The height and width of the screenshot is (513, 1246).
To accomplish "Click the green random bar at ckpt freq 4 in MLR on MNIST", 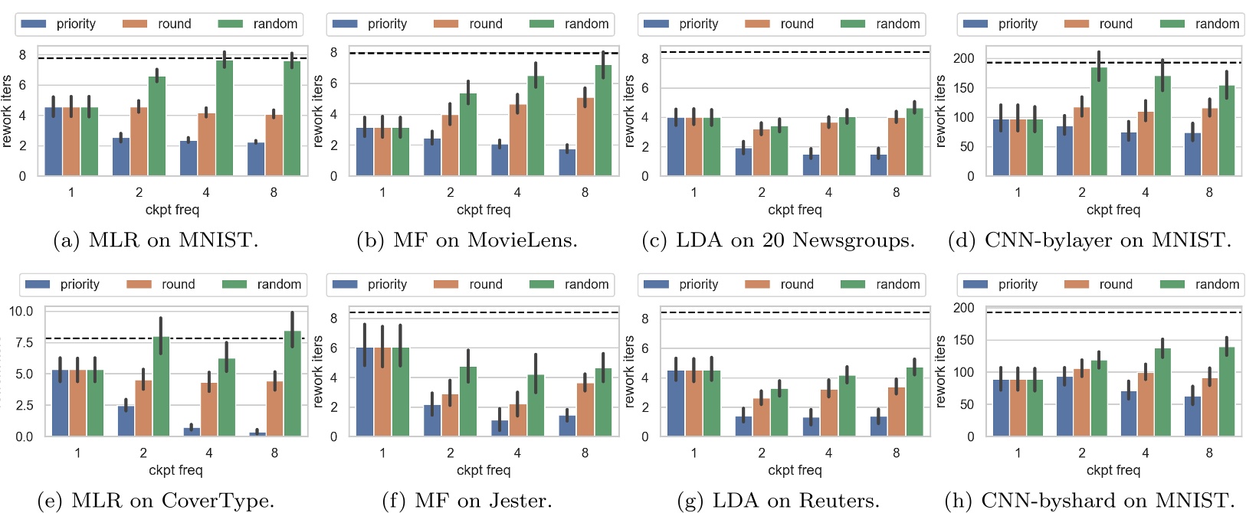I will tap(224, 119).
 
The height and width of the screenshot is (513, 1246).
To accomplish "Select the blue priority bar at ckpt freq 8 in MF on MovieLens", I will tap(567, 162).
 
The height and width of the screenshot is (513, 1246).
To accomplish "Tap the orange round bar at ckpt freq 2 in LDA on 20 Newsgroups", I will tap(761, 153).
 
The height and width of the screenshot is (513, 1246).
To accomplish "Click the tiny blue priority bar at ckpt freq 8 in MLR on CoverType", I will tap(257, 434).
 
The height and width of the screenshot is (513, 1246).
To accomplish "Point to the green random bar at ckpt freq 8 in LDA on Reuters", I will tap(914, 402).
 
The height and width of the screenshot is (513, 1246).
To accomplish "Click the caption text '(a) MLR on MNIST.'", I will tap(156, 240).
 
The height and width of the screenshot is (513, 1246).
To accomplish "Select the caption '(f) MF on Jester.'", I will tap(467, 501).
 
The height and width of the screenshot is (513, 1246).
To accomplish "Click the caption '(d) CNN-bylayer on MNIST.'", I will tap(1089, 240).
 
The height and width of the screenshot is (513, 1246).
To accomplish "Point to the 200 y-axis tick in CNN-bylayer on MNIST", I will tap(964, 58).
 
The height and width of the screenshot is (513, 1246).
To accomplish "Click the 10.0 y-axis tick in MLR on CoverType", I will tap(21, 311).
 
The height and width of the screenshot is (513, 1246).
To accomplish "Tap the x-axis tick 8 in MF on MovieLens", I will tap(585, 192).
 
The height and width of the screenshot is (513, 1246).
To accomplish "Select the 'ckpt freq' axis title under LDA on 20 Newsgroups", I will tap(795, 210).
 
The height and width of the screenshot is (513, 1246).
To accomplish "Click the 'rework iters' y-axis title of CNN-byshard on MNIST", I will tap(941, 371).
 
